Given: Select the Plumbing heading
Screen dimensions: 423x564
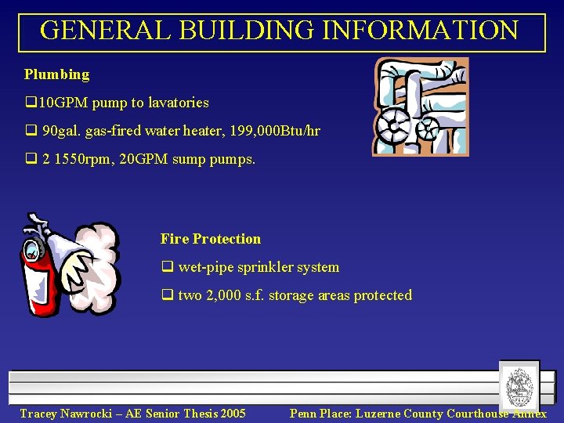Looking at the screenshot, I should [57, 74].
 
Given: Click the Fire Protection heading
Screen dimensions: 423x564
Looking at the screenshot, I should [211, 239].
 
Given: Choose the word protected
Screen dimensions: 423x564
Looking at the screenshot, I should [382, 295].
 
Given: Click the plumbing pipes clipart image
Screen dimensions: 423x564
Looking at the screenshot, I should [421, 106].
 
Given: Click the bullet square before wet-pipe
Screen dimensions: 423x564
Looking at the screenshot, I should [166, 267].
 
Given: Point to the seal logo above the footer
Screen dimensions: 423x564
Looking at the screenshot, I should [519, 385].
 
